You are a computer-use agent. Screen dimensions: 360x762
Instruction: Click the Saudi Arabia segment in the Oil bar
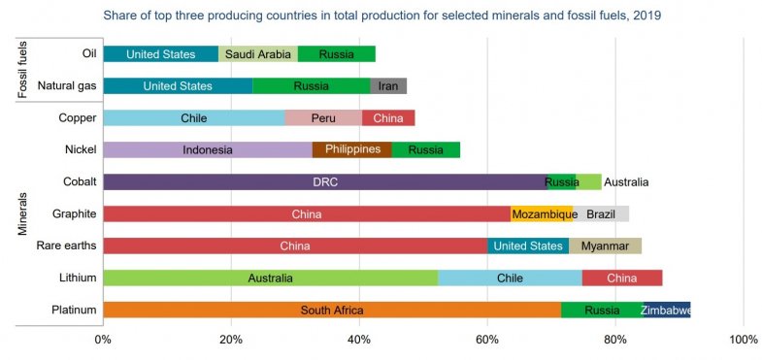tap(258, 54)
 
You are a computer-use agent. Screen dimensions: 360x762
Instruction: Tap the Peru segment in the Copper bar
tap(323, 118)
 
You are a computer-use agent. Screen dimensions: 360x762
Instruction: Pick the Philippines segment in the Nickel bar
tap(351, 149)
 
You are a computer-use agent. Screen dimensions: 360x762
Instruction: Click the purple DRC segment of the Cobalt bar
tap(325, 181)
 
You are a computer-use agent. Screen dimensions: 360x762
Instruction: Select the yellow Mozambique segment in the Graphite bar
tap(545, 213)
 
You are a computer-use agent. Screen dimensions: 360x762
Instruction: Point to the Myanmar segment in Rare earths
tap(606, 245)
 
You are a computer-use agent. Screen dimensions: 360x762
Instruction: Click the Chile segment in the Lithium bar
tap(510, 278)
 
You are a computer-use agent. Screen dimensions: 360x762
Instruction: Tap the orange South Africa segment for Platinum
tap(331, 311)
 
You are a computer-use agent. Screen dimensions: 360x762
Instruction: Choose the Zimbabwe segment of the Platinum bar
tap(666, 311)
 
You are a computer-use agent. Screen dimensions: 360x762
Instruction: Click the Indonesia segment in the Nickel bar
tap(208, 149)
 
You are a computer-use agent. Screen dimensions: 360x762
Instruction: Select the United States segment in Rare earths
tap(528, 245)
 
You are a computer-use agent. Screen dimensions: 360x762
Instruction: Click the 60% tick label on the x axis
tap(487, 340)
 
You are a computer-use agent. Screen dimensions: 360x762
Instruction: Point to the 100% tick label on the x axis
tap(743, 340)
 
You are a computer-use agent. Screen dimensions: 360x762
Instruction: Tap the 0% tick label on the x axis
tap(103, 340)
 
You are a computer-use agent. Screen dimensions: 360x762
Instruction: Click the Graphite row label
tap(74, 213)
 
